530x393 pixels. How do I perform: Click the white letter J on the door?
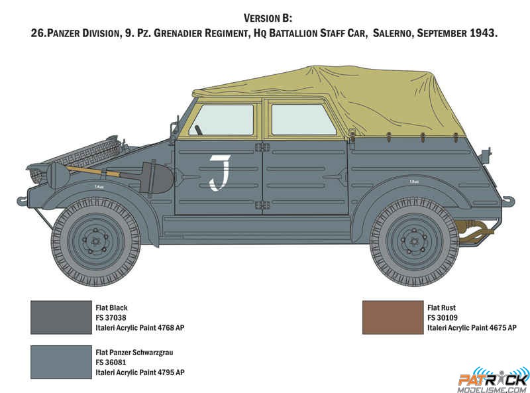pos(221,172)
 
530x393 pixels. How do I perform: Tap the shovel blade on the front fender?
pos(156,178)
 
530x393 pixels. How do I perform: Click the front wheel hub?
pos(95,241)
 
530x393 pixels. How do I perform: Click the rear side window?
pos(303,120)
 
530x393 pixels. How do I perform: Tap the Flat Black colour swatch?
pos(61,317)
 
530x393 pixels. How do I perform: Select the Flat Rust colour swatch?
pos(393,317)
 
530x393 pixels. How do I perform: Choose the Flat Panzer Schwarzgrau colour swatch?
pos(61,362)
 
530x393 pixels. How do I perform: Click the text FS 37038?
pos(111,318)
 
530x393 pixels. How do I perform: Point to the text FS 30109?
pos(443,318)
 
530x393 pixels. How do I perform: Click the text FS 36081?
pos(111,363)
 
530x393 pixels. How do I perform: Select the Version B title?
pos(268,18)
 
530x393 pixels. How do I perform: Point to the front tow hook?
pos(22,201)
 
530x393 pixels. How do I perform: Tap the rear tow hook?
pos(508,201)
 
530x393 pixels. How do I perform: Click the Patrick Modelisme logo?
pos(494,380)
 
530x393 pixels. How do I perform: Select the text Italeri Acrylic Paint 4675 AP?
pos(472,328)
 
